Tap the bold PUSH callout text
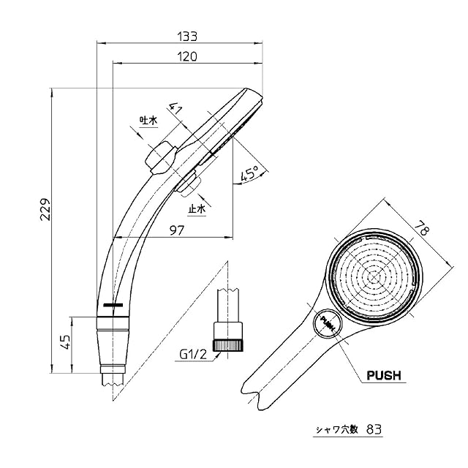pyautogui.click(x=383, y=377)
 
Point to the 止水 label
pyautogui.click(x=197, y=210)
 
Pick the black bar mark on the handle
pyautogui.click(x=114, y=303)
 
